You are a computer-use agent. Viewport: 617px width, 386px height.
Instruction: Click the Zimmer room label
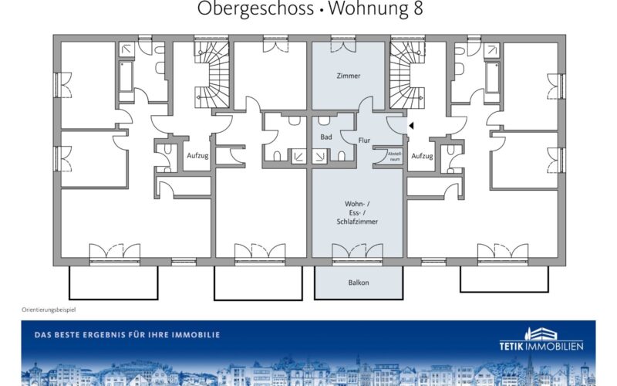point(349,76)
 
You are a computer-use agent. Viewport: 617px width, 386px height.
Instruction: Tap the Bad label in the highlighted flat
point(325,137)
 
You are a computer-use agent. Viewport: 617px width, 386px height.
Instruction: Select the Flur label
point(364,141)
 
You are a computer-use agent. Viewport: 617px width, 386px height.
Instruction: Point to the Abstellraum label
point(394,157)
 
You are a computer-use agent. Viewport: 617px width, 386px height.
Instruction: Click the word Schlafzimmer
point(357,222)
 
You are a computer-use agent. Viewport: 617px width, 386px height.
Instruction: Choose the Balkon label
point(359,283)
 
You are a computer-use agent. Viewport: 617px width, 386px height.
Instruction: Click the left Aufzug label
point(197,156)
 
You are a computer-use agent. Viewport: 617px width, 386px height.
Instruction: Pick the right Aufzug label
point(422,156)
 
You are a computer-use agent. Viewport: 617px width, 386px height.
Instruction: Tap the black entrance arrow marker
point(411,126)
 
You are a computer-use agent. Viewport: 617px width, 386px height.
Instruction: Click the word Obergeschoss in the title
point(255,8)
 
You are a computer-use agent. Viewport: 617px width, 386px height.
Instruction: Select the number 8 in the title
point(418,8)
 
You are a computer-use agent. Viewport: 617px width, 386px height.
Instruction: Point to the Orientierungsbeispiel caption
point(49,310)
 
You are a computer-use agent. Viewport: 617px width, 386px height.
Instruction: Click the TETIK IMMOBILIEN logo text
point(541,346)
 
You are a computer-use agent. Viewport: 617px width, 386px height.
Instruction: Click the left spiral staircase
point(212,74)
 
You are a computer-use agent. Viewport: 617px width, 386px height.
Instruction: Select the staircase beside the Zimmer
point(407,74)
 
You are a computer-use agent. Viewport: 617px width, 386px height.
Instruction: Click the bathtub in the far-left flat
point(126,76)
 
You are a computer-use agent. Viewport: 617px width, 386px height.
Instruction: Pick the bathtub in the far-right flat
point(493,76)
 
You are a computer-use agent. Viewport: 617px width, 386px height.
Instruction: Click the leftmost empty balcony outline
point(113,283)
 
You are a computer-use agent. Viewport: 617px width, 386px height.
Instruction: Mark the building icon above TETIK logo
point(541,334)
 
